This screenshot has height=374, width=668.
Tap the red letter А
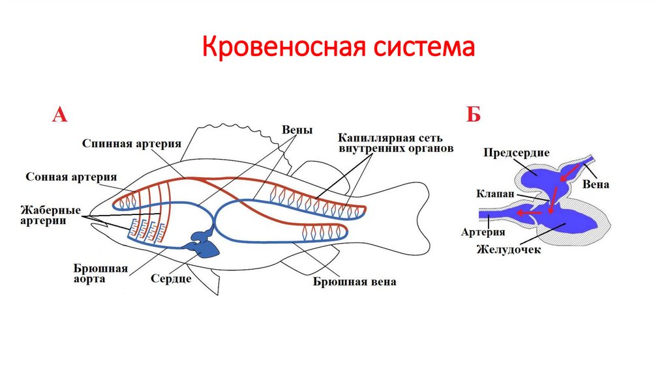(59, 116)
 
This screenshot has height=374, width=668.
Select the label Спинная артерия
(131, 143)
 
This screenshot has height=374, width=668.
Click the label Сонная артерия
(71, 177)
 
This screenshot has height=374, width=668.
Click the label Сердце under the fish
(171, 279)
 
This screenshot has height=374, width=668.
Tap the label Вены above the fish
(297, 130)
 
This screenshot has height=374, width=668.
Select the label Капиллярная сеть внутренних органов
(391, 143)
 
